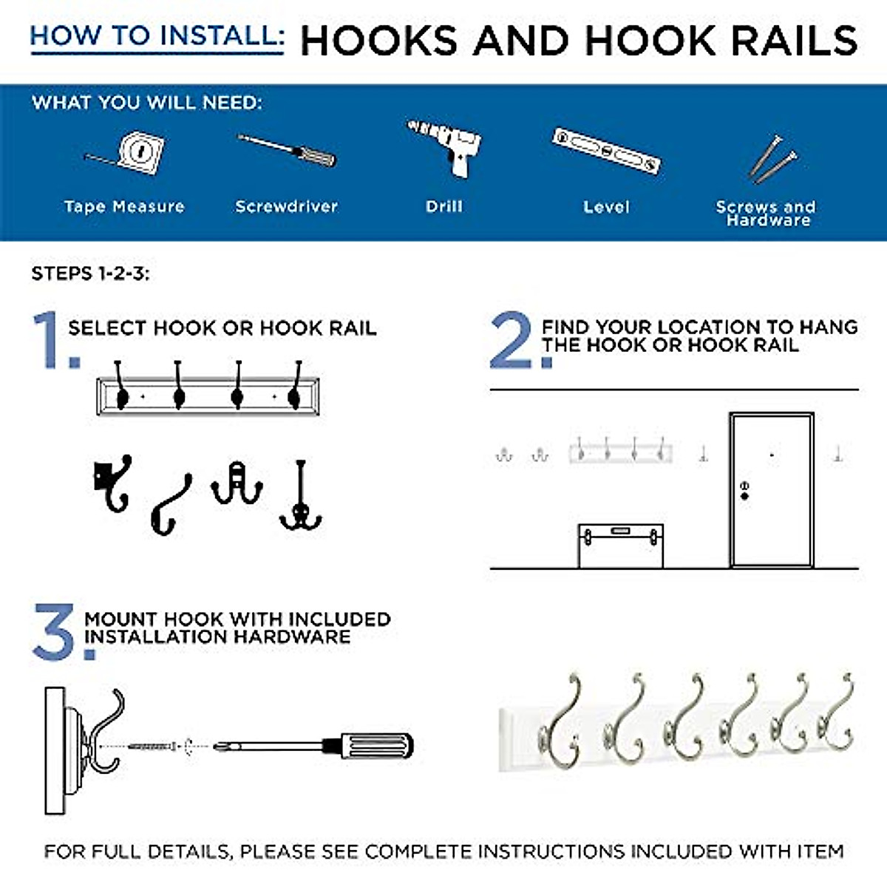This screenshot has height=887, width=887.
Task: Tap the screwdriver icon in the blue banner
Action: coord(287,150)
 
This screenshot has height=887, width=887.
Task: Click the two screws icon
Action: coord(772,158)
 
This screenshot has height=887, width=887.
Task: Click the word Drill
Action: coord(444,207)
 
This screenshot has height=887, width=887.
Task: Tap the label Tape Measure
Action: coord(124,207)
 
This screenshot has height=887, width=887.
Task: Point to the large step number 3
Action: coord(55,632)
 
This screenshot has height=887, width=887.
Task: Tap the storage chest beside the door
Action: coord(620,546)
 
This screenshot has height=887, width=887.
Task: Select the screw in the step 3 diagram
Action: coord(152,747)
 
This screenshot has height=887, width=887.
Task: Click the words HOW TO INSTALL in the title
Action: coord(157,35)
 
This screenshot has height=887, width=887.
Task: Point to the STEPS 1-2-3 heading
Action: coord(90,274)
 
